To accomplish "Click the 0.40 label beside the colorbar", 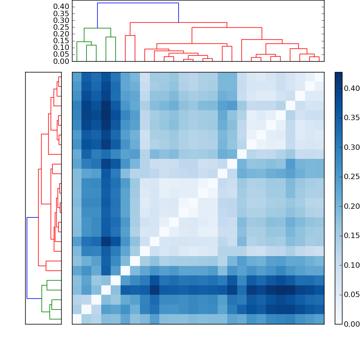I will pos(349,89).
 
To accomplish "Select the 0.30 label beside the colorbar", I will pos(349,148).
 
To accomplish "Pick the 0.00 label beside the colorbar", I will pos(349,324).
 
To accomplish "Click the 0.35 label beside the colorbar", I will pos(349,118).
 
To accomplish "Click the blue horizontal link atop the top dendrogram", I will pos(138,3).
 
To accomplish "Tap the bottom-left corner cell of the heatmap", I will pos(77,319).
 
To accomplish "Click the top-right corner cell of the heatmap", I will pos(319,77).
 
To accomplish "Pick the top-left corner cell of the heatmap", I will pos(77,77).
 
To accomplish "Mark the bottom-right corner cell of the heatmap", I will pos(319,319).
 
